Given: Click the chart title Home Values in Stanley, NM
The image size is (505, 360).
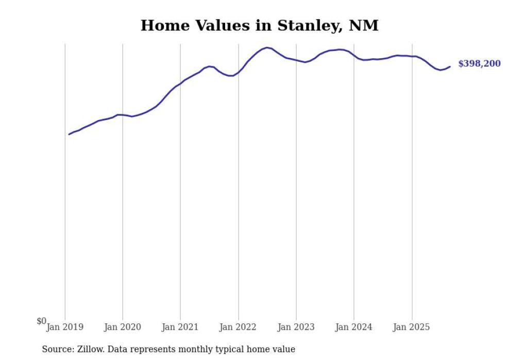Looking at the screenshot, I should [x=259, y=25].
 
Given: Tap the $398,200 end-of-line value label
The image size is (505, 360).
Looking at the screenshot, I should [x=479, y=64].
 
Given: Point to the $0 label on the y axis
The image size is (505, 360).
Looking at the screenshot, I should [x=41, y=321].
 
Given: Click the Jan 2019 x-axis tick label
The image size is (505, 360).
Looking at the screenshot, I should [x=65, y=327].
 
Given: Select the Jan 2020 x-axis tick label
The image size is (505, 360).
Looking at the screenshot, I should [x=123, y=327].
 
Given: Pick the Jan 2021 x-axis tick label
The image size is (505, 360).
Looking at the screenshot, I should [x=180, y=327].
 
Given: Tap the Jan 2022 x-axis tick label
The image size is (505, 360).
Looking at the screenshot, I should [x=238, y=327].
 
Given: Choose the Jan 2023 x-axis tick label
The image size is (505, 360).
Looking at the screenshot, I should [x=296, y=327].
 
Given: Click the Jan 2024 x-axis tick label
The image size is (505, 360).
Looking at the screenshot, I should [x=354, y=327].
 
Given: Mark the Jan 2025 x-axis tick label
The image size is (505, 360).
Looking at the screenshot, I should [x=412, y=327].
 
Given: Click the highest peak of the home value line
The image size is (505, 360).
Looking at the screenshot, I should [x=267, y=47].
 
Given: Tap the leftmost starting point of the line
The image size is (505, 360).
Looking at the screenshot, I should [x=69, y=134].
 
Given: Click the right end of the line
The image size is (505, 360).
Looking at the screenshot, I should [x=450, y=66].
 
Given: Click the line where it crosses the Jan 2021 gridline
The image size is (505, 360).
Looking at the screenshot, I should [x=180, y=83].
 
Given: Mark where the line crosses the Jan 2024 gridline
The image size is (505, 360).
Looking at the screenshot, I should [x=354, y=55].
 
